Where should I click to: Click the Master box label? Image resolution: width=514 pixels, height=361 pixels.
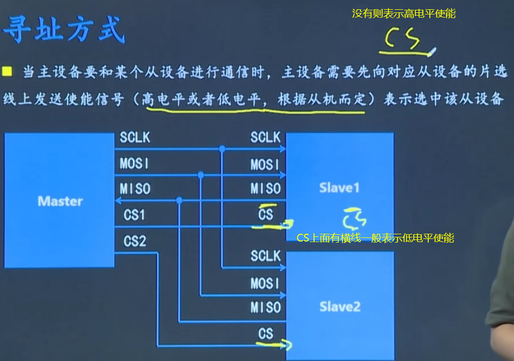[x=60, y=201]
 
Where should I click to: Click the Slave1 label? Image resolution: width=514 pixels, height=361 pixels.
[x=339, y=188]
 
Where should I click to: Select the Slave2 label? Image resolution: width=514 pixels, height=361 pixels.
[x=339, y=307]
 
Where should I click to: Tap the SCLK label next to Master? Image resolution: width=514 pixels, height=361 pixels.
[x=135, y=138]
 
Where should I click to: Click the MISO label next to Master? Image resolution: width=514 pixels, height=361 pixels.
[x=135, y=189]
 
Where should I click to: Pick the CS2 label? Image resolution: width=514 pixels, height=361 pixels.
[x=135, y=242]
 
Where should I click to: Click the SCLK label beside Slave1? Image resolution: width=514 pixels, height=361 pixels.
[x=265, y=138]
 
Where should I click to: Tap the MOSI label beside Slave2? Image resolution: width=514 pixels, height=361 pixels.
[x=265, y=283]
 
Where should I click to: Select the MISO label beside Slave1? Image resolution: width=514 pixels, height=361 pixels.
[x=266, y=189]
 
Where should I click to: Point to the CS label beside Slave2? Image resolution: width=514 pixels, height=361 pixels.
[x=266, y=334]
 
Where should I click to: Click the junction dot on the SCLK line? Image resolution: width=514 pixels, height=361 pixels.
[x=222, y=149]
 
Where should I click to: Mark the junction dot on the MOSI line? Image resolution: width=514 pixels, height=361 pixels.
[x=201, y=176]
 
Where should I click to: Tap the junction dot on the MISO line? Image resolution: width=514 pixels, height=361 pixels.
[x=179, y=200]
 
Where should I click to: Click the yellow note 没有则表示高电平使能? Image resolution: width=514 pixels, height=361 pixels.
[x=403, y=14]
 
